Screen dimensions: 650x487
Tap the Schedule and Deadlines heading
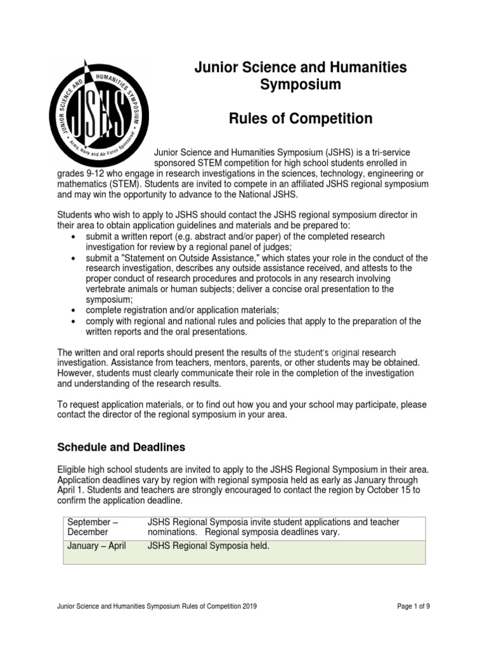point(121,447)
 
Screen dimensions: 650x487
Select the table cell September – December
point(88,527)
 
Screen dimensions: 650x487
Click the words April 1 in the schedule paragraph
point(69,490)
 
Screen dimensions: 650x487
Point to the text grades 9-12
point(79,173)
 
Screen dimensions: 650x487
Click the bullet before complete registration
point(75,310)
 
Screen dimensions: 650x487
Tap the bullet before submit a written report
point(75,237)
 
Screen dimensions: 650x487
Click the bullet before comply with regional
point(75,321)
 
